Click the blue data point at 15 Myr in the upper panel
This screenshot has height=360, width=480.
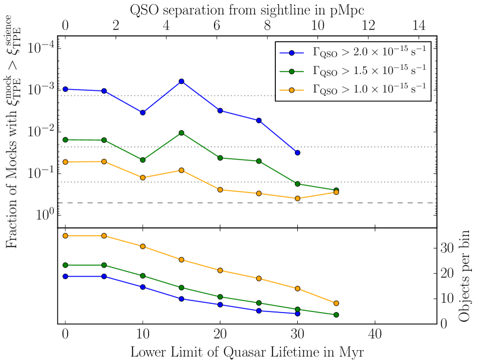click(x=182, y=81)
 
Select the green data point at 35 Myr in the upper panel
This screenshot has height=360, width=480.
click(x=336, y=190)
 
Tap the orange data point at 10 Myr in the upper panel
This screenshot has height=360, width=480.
click(x=143, y=177)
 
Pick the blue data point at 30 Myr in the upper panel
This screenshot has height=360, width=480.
click(x=297, y=153)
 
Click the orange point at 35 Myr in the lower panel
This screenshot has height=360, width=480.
click(x=336, y=303)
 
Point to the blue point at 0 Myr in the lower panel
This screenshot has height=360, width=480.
click(x=65, y=276)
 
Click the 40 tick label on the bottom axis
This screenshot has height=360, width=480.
click(x=375, y=335)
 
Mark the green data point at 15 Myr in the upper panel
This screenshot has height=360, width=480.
click(x=182, y=133)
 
